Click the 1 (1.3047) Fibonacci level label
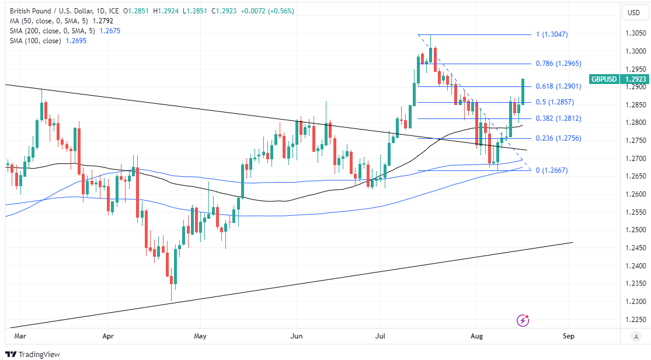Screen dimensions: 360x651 click(x=551, y=34)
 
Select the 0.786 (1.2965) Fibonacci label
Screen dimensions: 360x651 click(x=558, y=64)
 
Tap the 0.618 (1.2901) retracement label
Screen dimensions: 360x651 click(x=558, y=86)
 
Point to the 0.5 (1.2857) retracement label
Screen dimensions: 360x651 click(x=554, y=102)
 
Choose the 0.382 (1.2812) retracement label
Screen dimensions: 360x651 click(x=558, y=118)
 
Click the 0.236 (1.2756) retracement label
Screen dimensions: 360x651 click(x=558, y=138)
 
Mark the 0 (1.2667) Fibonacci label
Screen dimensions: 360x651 click(x=551, y=170)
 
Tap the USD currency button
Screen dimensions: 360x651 click(x=633, y=13)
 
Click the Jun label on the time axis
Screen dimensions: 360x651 click(x=297, y=336)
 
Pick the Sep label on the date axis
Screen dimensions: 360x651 click(x=569, y=336)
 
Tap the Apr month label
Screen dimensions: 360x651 click(x=108, y=336)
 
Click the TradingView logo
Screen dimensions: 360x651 click(x=33, y=354)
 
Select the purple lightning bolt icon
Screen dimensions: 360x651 click(x=523, y=320)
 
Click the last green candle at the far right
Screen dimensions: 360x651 click(x=523, y=92)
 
